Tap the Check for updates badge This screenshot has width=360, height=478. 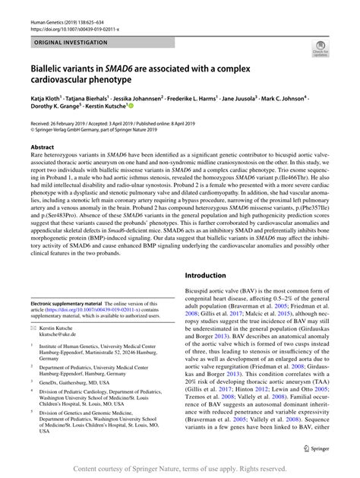321,50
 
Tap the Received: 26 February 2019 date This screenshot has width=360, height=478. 63,122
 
